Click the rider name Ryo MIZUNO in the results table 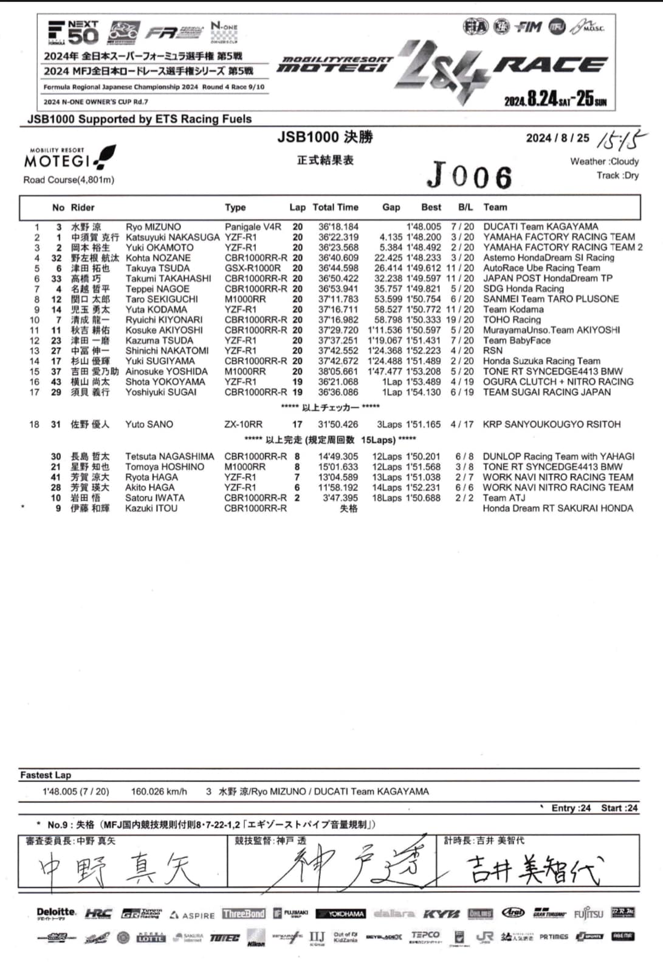click(x=153, y=227)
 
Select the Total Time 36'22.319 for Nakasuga click(x=338, y=237)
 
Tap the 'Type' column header click(x=235, y=207)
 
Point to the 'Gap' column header click(x=391, y=207)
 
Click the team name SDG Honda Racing click(x=523, y=289)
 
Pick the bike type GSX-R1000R click(x=253, y=268)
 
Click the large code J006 click(x=469, y=176)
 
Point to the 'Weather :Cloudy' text click(x=604, y=162)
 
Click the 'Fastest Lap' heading click(x=46, y=775)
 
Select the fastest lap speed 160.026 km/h click(x=159, y=792)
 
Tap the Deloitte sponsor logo click(x=56, y=913)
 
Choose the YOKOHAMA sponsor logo click(x=340, y=914)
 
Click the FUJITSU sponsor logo click(x=588, y=913)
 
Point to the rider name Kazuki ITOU click(x=151, y=508)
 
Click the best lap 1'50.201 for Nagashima click(x=424, y=457)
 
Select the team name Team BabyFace click(x=517, y=341)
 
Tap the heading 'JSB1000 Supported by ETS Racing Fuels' click(x=140, y=119)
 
